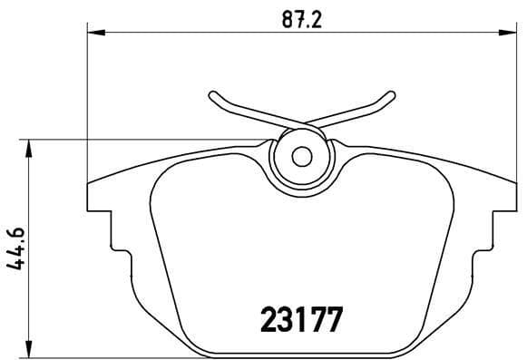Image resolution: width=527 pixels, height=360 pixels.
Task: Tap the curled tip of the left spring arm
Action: [211, 94]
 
